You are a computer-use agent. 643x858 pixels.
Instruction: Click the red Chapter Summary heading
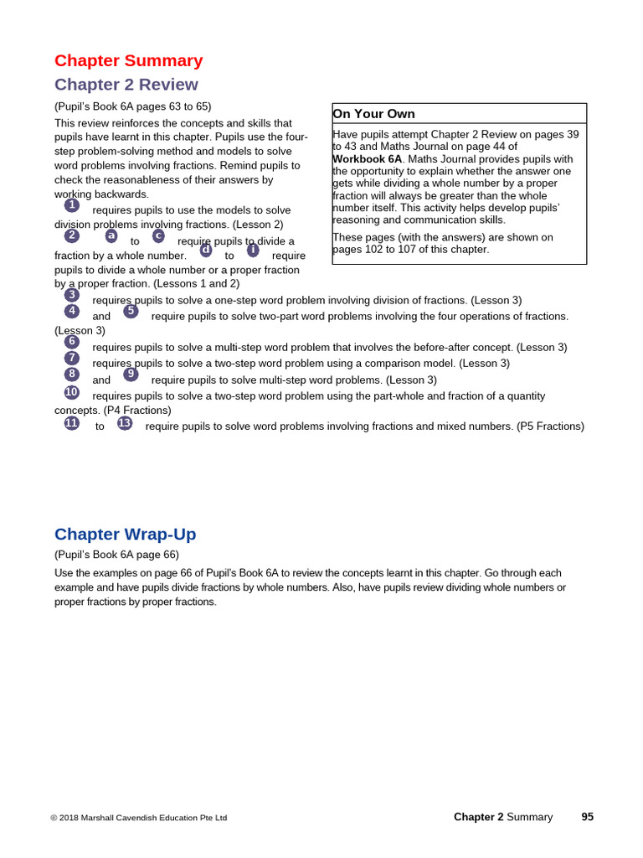pyautogui.click(x=128, y=61)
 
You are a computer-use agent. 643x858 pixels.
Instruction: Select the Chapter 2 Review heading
pyautogui.click(x=126, y=85)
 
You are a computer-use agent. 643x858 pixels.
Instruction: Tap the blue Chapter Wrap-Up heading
pyautogui.click(x=125, y=535)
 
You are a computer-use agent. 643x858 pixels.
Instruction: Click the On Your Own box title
pyautogui.click(x=373, y=114)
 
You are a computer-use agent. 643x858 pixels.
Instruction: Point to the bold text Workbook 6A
pyautogui.click(x=367, y=158)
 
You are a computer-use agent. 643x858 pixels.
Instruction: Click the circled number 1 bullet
pyautogui.click(x=72, y=205)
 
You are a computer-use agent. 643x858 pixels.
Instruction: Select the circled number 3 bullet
pyautogui.click(x=72, y=295)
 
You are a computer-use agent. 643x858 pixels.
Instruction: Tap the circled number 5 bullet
pyautogui.click(x=131, y=311)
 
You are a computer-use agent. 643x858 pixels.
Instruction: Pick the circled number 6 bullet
pyautogui.click(x=72, y=342)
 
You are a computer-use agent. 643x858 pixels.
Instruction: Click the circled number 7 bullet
pyautogui.click(x=72, y=358)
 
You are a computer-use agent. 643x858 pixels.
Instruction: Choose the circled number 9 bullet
pyautogui.click(x=131, y=375)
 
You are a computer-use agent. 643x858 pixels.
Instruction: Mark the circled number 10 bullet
pyautogui.click(x=72, y=392)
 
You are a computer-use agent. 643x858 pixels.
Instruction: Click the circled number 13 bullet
pyautogui.click(x=125, y=423)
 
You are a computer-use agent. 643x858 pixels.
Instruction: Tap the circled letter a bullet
pyautogui.click(x=111, y=236)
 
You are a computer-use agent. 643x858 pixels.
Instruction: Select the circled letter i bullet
pyautogui.click(x=253, y=250)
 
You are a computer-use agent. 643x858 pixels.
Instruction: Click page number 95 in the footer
pyautogui.click(x=587, y=817)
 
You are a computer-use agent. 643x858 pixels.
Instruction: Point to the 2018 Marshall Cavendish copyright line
pyautogui.click(x=138, y=818)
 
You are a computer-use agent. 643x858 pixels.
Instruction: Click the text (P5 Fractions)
pyautogui.click(x=550, y=426)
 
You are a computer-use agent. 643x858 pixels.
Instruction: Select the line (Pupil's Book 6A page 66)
pyautogui.click(x=116, y=555)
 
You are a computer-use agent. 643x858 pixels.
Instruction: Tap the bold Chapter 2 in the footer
pyautogui.click(x=478, y=817)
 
